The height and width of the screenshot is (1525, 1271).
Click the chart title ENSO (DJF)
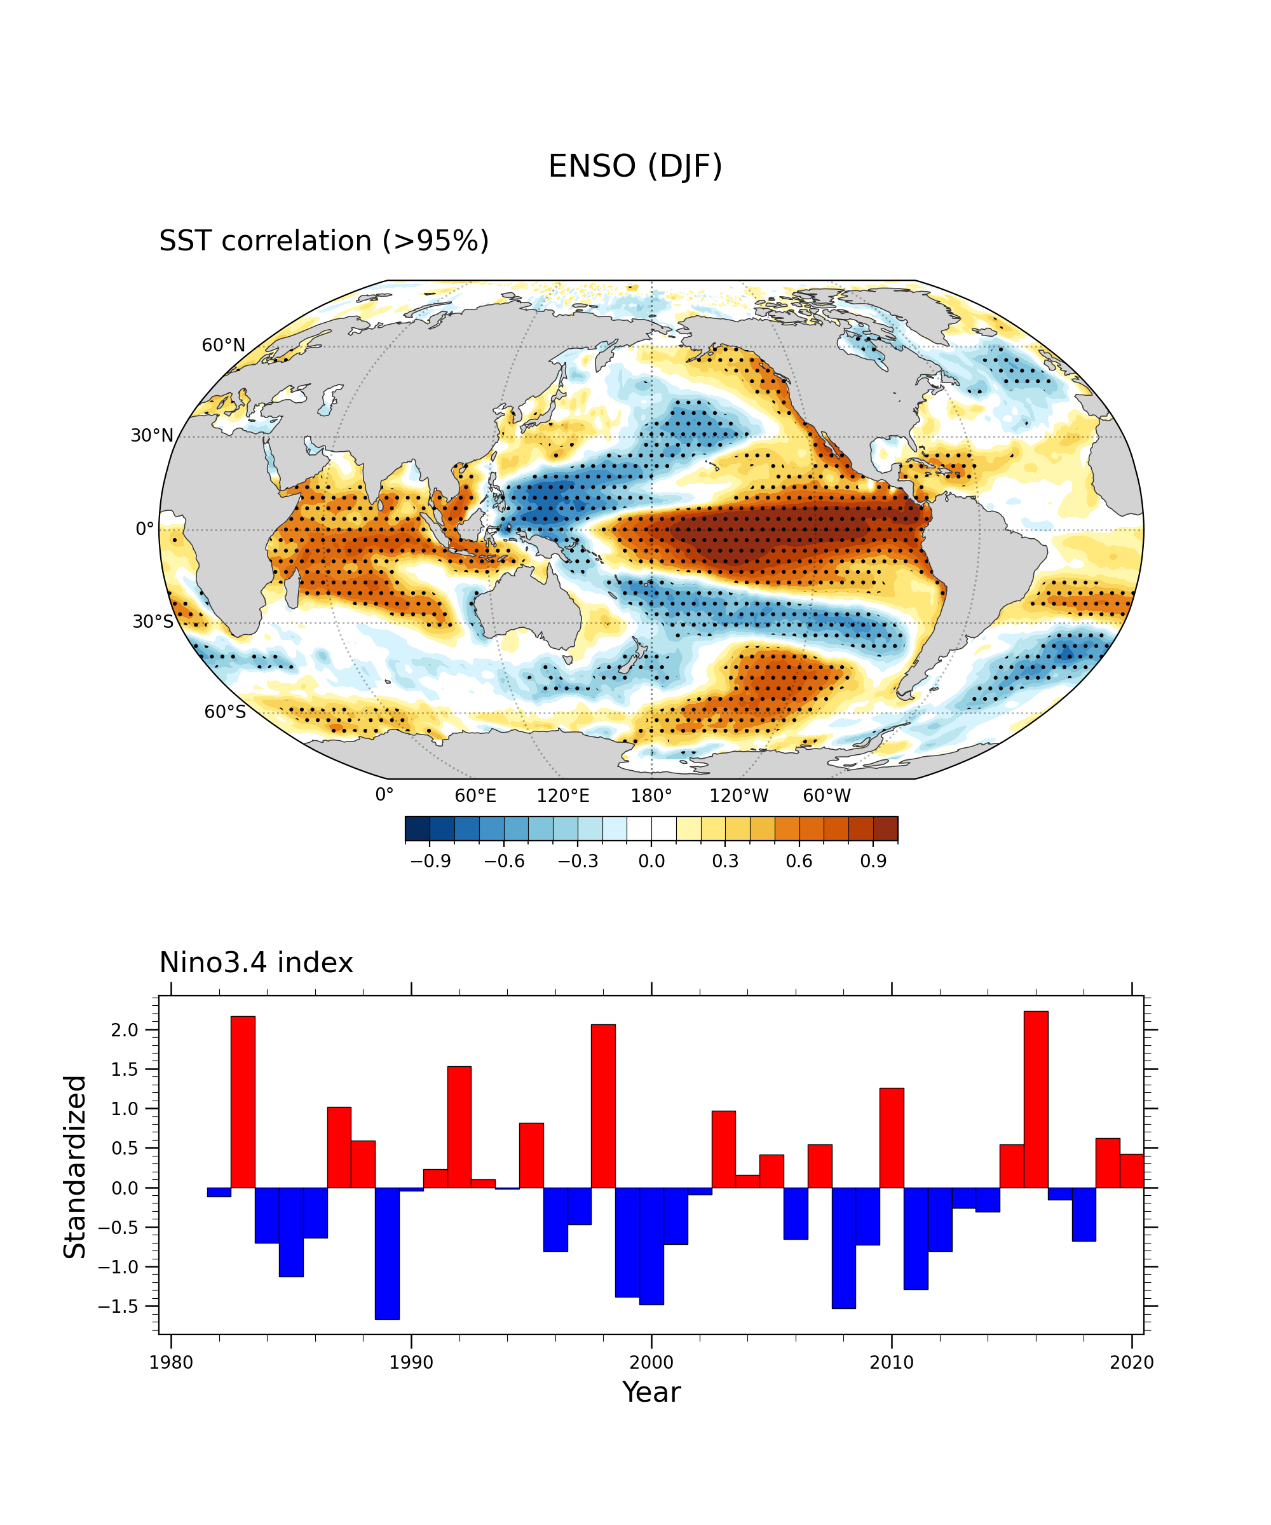[x=635, y=166]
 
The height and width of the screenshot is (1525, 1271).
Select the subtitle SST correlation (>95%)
[x=324, y=241]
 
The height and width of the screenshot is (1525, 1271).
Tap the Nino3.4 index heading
[x=255, y=963]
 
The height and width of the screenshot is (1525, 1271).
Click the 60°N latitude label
[x=223, y=346]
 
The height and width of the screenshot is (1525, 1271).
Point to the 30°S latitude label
[x=153, y=621]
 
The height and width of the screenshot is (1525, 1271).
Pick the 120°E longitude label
[x=563, y=796]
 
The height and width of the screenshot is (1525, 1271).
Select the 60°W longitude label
[x=827, y=796]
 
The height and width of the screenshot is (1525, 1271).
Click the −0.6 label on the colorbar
[x=504, y=861]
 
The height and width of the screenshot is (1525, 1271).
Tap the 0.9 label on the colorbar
[x=873, y=861]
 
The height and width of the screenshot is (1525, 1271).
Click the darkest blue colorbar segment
[x=418, y=829]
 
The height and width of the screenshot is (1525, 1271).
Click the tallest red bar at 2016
[x=1036, y=1099]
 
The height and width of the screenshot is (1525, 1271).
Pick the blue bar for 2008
[x=843, y=1249]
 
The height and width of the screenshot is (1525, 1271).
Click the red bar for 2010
[x=891, y=1138]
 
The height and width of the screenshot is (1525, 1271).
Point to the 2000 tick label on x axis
[x=651, y=1362]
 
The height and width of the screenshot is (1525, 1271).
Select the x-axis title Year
[x=651, y=1393]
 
